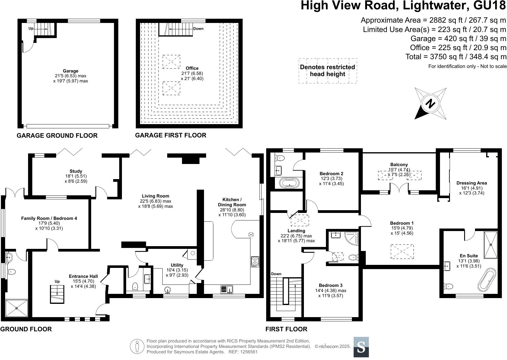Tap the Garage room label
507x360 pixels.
tap(71, 71)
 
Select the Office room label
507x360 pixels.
tap(192, 68)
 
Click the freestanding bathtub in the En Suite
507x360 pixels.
tap(486, 280)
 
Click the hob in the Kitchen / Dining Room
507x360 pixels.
tap(255, 262)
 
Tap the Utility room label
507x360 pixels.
tap(177, 265)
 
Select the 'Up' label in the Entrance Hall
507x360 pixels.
tap(57, 281)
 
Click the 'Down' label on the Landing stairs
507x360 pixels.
tap(276, 274)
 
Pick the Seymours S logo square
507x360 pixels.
tap(361, 347)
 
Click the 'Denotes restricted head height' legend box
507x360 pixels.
tap(328, 71)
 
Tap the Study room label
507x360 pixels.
tap(76, 171)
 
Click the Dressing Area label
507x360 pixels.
tap(471, 183)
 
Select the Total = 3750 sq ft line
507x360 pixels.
tap(456, 57)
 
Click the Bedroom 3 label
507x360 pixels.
tap(331, 285)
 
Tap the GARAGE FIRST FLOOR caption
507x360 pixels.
tap(171, 135)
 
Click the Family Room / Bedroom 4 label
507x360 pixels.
tap(49, 218)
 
